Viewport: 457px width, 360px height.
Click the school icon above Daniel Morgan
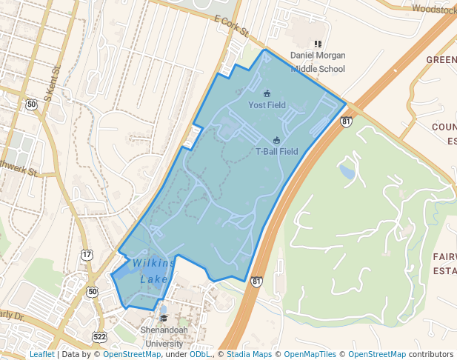pyautogui.click(x=318, y=45)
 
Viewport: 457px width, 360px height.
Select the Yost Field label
pyautogui.click(x=267, y=105)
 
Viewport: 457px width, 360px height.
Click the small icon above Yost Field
pyautogui.click(x=267, y=93)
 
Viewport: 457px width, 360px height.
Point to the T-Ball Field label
pyautogui.click(x=276, y=152)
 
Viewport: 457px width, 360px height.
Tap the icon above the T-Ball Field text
pyautogui.click(x=276, y=140)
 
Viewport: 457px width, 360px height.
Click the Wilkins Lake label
pyautogui.click(x=154, y=271)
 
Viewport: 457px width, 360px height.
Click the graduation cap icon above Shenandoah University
pyautogui.click(x=164, y=319)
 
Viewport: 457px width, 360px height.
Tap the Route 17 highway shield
pyautogui.click(x=87, y=255)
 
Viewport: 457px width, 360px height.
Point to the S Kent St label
pyautogui.click(x=50, y=84)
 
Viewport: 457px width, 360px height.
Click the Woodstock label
pyautogui.click(x=433, y=10)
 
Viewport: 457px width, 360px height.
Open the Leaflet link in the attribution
pyautogui.click(x=41, y=355)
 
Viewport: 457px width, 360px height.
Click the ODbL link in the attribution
pyautogui.click(x=199, y=355)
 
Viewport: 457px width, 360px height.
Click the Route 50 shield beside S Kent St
pyautogui.click(x=31, y=104)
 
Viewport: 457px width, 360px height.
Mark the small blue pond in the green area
pyautogui.click(x=347, y=172)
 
